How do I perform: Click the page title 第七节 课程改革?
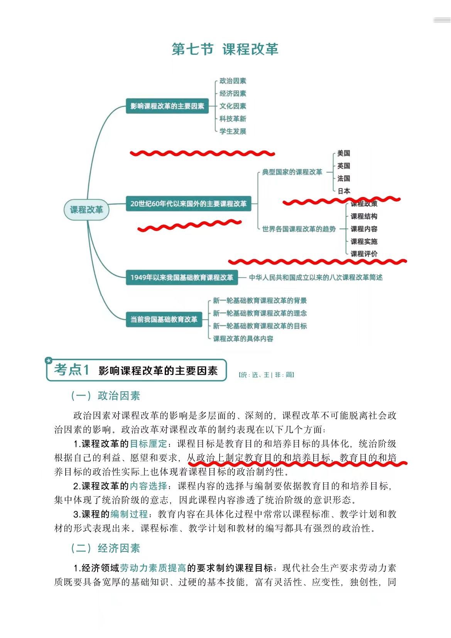[x=225, y=49]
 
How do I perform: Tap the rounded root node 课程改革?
[x=86, y=210]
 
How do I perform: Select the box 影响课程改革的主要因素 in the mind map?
[x=167, y=106]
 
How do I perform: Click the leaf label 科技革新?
[x=233, y=119]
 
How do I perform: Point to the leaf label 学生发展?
[x=233, y=131]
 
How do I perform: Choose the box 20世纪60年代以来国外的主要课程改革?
[x=188, y=204]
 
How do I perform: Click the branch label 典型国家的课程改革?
[x=292, y=172]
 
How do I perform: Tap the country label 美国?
[x=343, y=153]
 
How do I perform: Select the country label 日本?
[x=344, y=191]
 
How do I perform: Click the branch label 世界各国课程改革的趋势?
[x=299, y=229]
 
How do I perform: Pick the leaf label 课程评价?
[x=364, y=254]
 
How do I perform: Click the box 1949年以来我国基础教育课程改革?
[x=182, y=277]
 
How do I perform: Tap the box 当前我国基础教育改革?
[x=164, y=319]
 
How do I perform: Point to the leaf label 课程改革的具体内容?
[x=243, y=339]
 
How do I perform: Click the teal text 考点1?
[x=72, y=370]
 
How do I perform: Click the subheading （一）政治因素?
[x=105, y=396]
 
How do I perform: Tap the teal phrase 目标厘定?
[x=148, y=443]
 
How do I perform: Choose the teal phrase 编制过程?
[x=129, y=514]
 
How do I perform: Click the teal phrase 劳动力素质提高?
[x=153, y=568]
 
